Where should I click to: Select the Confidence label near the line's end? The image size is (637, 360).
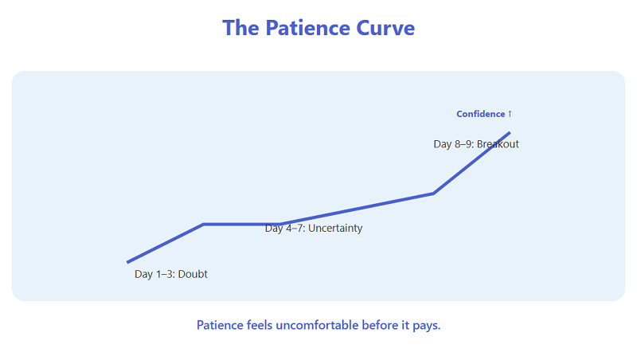point(480,114)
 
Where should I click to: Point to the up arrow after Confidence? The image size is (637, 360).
point(510,114)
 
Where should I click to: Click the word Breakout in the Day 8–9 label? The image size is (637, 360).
point(498,144)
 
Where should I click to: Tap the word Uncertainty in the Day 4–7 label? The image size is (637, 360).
point(335,229)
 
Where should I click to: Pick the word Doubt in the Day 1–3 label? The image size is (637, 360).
point(193,274)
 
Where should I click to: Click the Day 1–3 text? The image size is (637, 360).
point(154,274)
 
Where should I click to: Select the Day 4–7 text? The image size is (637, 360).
point(284,229)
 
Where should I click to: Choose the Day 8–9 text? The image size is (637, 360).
point(453,144)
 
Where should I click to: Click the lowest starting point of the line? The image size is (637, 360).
point(127,262)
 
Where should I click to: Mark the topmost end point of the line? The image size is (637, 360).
point(510,132)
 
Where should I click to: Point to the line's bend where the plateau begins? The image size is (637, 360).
point(204,225)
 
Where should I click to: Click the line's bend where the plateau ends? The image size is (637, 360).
point(279,225)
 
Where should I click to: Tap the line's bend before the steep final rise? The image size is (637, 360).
point(433,193)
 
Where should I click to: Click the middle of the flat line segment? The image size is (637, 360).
point(241,225)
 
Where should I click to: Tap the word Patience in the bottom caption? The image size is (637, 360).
point(219,326)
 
